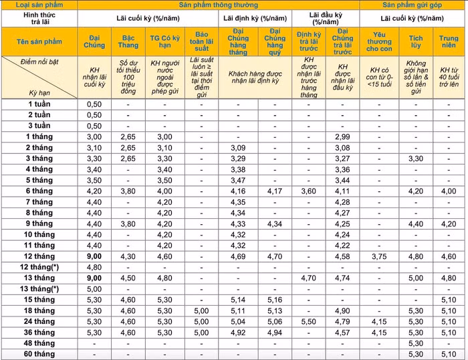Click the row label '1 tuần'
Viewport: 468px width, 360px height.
[x=39, y=104]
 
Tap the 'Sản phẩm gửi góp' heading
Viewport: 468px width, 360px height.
[x=413, y=4]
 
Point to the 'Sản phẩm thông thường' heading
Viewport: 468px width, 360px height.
[x=219, y=4]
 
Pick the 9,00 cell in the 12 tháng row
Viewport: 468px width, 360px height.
[x=95, y=256]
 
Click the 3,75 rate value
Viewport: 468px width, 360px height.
[x=380, y=256]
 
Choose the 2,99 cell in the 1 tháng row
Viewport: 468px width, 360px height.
[x=342, y=137]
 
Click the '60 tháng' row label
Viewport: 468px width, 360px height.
[x=39, y=354]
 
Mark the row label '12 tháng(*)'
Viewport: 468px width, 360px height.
[x=39, y=266]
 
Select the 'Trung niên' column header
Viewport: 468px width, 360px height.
[x=449, y=41]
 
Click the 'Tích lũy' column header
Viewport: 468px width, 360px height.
[x=416, y=41]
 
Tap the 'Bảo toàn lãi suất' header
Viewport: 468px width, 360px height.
[x=202, y=41]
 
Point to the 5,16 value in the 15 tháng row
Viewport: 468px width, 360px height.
[x=274, y=299]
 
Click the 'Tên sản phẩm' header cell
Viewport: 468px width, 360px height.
[x=39, y=41]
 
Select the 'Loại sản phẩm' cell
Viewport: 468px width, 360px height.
[x=39, y=4]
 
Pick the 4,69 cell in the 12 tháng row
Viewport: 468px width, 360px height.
[x=238, y=256]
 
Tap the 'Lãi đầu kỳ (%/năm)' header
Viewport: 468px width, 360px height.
[x=325, y=18]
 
